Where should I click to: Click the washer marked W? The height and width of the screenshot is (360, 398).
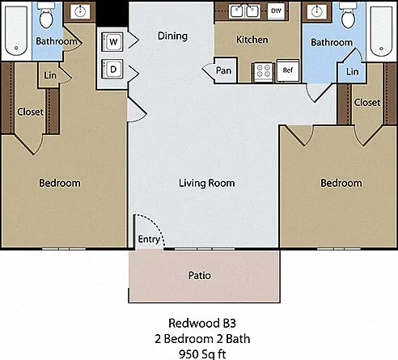(x=112, y=42)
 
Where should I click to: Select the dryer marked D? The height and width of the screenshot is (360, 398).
(x=112, y=70)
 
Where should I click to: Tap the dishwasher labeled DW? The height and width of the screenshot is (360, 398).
(x=276, y=11)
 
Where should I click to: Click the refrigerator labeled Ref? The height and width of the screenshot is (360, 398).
(x=288, y=70)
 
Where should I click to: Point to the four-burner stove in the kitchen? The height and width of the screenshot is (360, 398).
(x=264, y=71)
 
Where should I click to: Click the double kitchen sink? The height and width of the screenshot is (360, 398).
(x=244, y=11)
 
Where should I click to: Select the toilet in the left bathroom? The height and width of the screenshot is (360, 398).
(x=46, y=15)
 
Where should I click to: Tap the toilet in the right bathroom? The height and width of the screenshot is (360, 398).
(x=348, y=15)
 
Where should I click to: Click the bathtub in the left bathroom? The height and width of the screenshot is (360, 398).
(x=16, y=31)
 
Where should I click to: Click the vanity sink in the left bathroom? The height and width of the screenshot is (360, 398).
(x=80, y=11)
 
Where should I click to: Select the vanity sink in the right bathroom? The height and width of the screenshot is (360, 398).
(x=316, y=11)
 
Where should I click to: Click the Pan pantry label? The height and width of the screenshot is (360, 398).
(x=223, y=70)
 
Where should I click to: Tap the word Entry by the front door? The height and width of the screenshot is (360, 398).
(x=149, y=239)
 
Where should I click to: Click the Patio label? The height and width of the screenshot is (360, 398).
(x=200, y=275)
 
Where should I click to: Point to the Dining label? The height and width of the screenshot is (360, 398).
(x=172, y=36)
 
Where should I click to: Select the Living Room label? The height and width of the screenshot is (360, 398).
(x=207, y=183)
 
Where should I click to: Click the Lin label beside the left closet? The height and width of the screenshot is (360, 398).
(x=50, y=75)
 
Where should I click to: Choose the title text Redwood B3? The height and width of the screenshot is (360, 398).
(x=202, y=323)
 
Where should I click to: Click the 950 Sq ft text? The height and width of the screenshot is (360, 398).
(x=202, y=354)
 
